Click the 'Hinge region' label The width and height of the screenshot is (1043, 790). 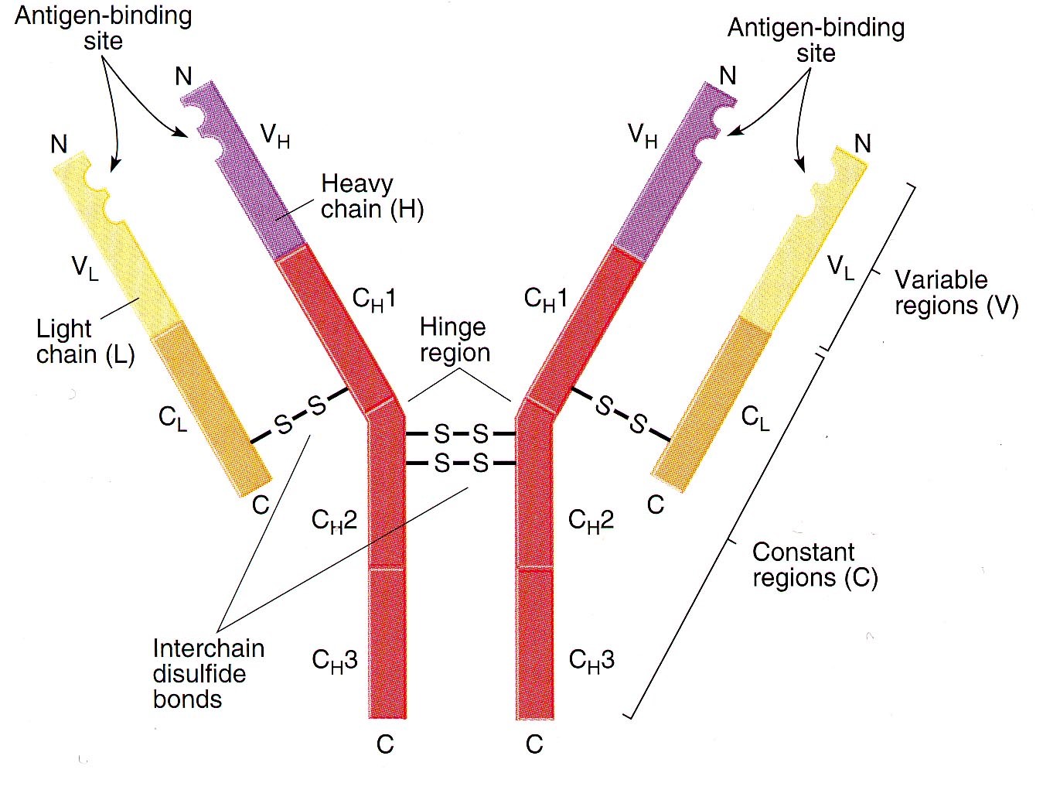coord(454,340)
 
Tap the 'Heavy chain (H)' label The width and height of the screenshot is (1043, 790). coord(372,197)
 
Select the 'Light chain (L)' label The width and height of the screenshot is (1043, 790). coord(85,341)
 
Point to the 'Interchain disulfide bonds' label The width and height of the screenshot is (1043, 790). coord(208,673)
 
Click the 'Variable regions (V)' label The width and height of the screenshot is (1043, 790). coord(956,292)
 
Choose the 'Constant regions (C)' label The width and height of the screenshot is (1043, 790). coord(814,565)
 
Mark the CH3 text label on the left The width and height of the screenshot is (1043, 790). coord(335,660)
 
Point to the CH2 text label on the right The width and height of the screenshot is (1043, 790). coord(591,520)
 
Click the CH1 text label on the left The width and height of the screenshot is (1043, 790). coord(374,299)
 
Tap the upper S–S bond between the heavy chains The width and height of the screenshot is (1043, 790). coord(461,433)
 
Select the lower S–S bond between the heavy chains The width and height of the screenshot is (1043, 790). coord(461,463)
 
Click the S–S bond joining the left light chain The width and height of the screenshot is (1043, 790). coord(301,415)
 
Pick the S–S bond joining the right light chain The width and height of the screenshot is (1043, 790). coord(621,414)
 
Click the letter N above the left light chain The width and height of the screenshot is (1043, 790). coord(59,144)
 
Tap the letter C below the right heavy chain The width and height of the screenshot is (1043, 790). coord(534,744)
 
